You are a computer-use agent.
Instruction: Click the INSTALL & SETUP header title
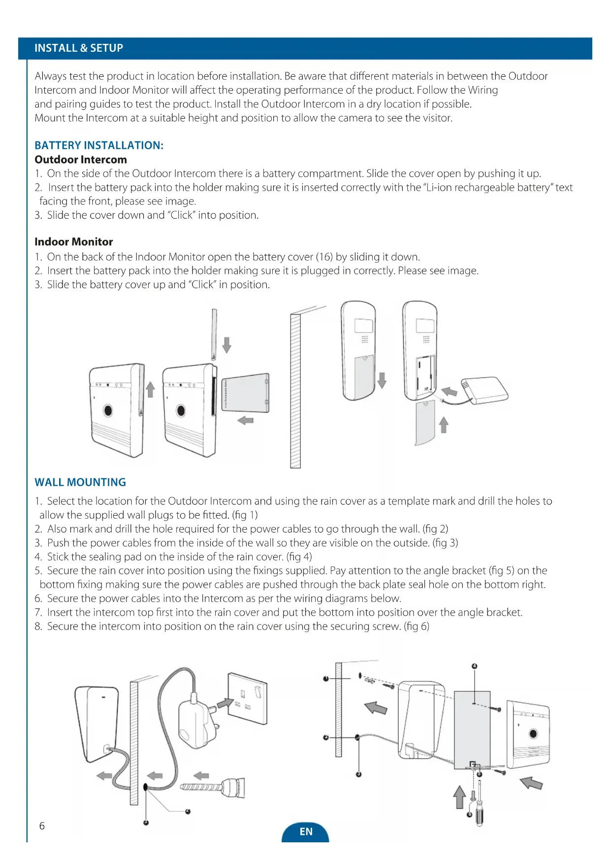[x=79, y=48]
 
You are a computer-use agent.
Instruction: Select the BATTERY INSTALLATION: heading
[x=99, y=145]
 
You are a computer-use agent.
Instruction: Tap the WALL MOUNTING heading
[x=80, y=482]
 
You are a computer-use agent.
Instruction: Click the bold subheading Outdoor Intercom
[x=81, y=160]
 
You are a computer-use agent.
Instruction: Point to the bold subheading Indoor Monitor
[x=74, y=242]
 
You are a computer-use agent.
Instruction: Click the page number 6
[x=42, y=826]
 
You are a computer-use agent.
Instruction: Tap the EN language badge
[x=306, y=831]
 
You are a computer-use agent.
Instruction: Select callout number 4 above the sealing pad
[x=475, y=666]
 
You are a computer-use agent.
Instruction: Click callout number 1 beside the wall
[x=326, y=678]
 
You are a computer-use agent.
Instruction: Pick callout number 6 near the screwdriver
[x=469, y=814]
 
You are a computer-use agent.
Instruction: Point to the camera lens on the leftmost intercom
[x=108, y=410]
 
